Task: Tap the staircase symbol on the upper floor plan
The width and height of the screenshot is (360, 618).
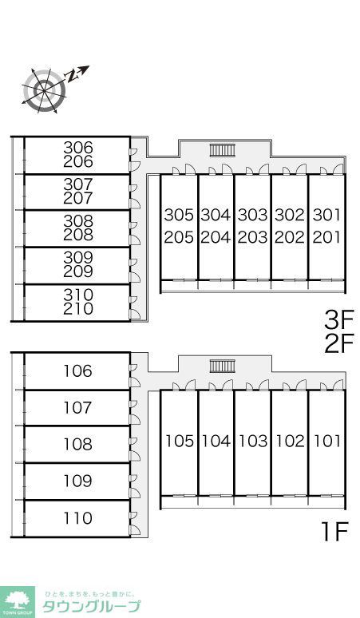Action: pos(222,150)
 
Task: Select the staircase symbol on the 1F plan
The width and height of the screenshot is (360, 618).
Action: pos(222,366)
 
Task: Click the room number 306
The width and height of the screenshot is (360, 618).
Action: pos(78,148)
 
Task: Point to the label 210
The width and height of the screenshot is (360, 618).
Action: pos(78,309)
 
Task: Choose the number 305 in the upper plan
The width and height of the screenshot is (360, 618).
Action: pos(179,216)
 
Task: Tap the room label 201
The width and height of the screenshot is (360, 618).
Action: pos(326,238)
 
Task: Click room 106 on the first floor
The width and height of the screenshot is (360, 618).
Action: pos(78,370)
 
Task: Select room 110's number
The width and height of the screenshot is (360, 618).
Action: pos(78,518)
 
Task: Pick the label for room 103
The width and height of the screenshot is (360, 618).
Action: pos(253,441)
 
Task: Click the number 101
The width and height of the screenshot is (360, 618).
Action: pos(327,441)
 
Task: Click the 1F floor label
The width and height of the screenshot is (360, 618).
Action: pos(334,532)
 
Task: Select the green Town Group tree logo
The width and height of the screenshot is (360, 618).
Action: pos(17,602)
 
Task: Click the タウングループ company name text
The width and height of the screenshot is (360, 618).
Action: pos(91,606)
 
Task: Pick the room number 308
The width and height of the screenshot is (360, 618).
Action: pos(78,221)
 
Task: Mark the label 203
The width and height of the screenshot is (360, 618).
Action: pos(253,238)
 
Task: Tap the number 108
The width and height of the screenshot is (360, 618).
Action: pos(78,445)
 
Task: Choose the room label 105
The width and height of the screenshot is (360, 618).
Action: pos(180,441)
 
